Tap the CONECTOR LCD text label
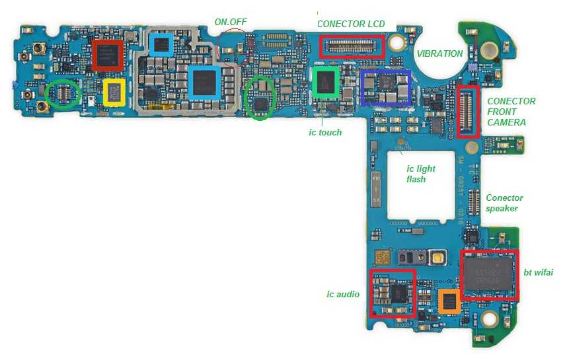tap(351, 24)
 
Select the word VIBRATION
tap(439, 54)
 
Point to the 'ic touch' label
tap(325, 132)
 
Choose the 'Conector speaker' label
tap(504, 203)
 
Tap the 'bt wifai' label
tap(538, 272)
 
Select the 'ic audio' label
tap(343, 294)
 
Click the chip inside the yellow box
tap(114, 92)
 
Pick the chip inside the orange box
tap(449, 302)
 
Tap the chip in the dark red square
tap(108, 55)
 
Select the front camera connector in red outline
tap(468, 112)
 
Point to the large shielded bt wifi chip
tap(489, 273)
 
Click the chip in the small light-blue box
tap(161, 45)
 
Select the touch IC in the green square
tap(326, 82)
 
